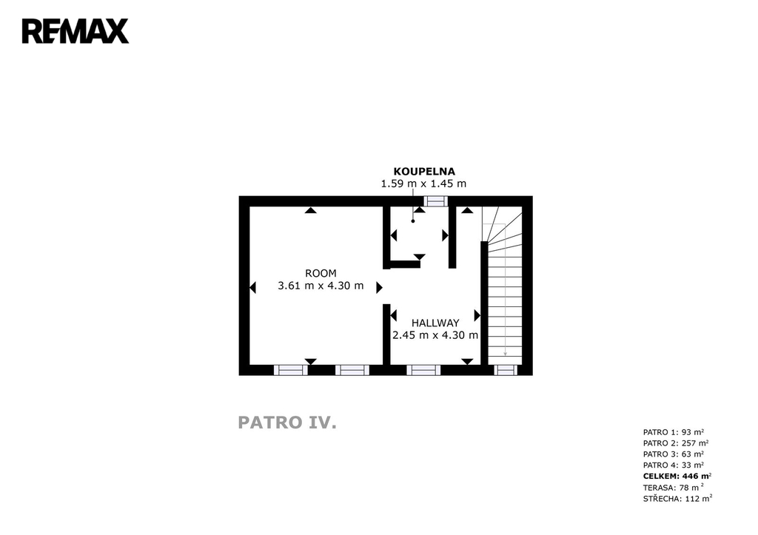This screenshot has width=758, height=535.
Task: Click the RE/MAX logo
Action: tap(76, 31)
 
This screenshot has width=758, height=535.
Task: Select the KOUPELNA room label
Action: tap(424, 171)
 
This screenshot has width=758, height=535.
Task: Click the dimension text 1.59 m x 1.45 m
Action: tap(423, 184)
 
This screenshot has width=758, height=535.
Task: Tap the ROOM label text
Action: tap(321, 273)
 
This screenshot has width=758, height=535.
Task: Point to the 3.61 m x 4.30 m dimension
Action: tap(321, 286)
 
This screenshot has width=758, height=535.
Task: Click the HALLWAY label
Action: tap(435, 323)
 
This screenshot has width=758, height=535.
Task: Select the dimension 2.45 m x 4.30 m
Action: tap(435, 335)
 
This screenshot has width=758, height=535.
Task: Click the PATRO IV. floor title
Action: tap(287, 423)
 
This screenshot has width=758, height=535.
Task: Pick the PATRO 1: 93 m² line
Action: tap(674, 432)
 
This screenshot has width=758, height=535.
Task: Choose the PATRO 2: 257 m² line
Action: tap(676, 443)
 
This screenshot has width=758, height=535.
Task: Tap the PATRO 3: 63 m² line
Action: tap(674, 454)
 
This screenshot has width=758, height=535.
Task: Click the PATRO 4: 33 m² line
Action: tap(674, 465)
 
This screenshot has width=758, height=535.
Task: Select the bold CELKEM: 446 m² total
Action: tap(677, 476)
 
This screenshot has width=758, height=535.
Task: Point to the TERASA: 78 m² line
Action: tap(674, 488)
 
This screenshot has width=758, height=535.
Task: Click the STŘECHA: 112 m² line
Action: tap(678, 499)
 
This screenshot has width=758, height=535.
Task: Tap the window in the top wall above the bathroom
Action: tap(435, 201)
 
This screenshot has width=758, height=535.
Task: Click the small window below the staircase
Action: tap(505, 370)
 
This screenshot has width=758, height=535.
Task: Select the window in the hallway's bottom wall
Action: tap(423, 370)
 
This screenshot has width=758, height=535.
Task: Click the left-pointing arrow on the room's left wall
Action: tap(252, 288)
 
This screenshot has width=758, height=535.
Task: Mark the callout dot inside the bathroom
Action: tap(413, 221)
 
